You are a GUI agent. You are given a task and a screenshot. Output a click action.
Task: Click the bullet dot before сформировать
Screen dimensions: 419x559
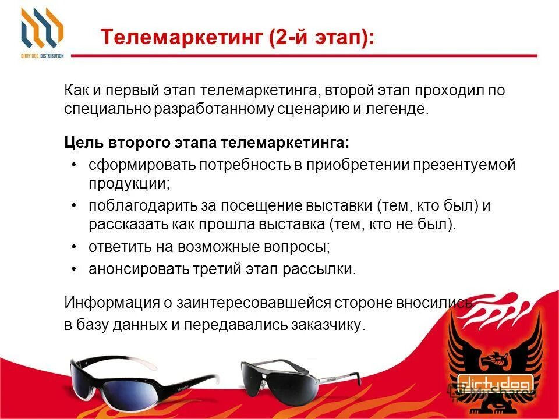74,165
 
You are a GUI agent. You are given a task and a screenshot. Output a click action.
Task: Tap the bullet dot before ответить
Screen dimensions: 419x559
74,247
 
